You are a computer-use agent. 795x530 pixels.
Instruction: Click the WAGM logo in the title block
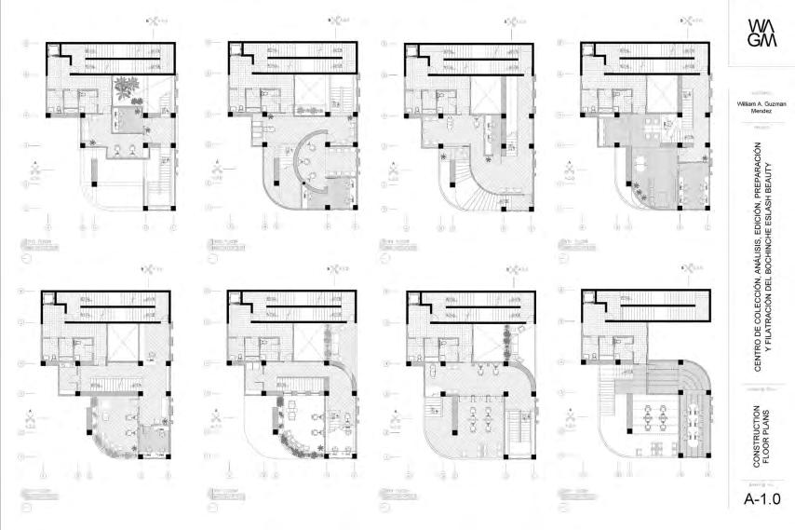(759, 38)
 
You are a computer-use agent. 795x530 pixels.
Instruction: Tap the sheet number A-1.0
(759, 499)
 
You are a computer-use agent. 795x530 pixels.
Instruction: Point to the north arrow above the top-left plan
(157, 18)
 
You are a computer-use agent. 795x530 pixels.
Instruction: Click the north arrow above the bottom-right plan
(693, 268)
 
